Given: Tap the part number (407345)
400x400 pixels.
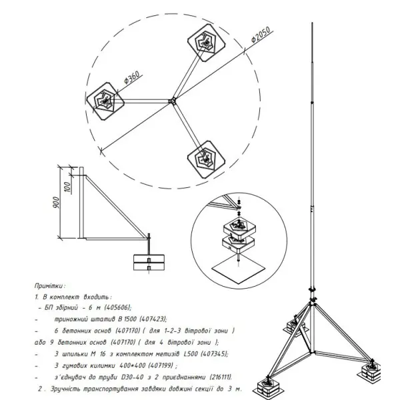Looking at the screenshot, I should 212,355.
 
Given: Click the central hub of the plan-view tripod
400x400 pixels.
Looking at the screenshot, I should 172,101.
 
